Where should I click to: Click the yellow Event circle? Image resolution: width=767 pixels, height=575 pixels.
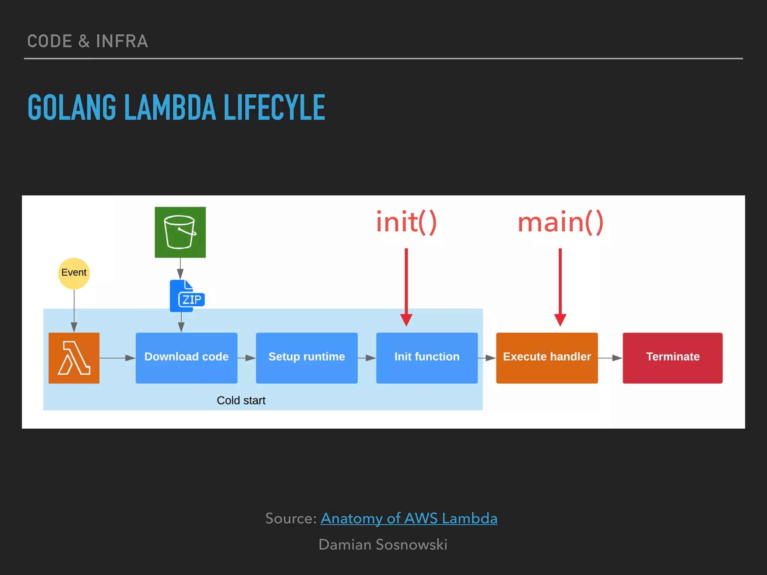[74, 273]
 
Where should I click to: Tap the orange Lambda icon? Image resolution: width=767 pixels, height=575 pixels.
[74, 358]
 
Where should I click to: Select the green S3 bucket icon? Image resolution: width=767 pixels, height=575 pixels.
[180, 232]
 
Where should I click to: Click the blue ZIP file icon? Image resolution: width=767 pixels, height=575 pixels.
[187, 296]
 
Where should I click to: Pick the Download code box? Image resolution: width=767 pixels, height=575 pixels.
[187, 358]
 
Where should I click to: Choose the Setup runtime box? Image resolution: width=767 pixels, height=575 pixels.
[307, 358]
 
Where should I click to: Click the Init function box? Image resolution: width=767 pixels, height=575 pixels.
[427, 358]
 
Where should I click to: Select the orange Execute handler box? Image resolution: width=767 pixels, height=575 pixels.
[547, 358]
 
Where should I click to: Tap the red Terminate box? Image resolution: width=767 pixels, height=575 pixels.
[673, 358]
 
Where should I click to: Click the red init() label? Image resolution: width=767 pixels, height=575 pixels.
[406, 222]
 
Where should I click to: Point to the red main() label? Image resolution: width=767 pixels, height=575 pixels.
[560, 222]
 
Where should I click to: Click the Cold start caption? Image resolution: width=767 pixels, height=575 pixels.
[241, 401]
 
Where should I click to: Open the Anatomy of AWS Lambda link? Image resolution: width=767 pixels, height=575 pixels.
[409, 518]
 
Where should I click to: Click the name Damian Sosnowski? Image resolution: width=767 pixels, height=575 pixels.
[383, 545]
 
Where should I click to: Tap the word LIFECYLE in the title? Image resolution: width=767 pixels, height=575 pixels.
[274, 108]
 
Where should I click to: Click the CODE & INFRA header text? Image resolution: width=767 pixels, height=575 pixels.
[88, 41]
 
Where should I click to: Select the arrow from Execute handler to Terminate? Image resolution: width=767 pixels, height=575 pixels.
[610, 358]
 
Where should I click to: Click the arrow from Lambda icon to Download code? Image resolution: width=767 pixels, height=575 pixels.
[117, 358]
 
